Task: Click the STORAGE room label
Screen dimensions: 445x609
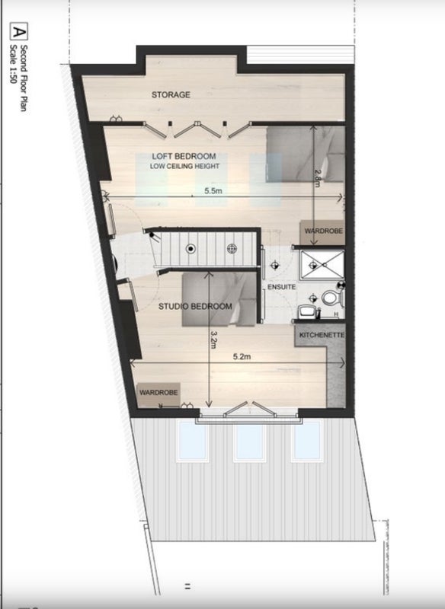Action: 171,94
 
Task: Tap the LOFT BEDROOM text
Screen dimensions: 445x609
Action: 184,156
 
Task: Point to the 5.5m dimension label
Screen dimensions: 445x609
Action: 213,191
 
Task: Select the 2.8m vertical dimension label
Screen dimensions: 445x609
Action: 317,178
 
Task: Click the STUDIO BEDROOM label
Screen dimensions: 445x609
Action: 195,307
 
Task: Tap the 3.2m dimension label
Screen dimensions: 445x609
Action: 213,339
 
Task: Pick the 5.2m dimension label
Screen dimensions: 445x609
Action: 242,356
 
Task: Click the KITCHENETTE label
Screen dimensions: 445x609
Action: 322,335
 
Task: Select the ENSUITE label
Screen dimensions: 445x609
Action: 281,287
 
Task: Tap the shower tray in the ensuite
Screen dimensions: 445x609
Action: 322,265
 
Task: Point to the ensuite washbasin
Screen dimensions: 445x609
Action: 307,311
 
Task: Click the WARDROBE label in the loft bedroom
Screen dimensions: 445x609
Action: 323,231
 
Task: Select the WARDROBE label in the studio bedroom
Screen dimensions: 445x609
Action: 158,393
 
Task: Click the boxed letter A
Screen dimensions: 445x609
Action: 18,32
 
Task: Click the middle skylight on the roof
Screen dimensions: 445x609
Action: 249,441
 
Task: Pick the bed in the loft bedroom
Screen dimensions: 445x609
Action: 306,154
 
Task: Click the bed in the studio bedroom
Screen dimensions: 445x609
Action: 219,299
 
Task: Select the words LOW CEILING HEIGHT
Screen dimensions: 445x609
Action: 184,166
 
